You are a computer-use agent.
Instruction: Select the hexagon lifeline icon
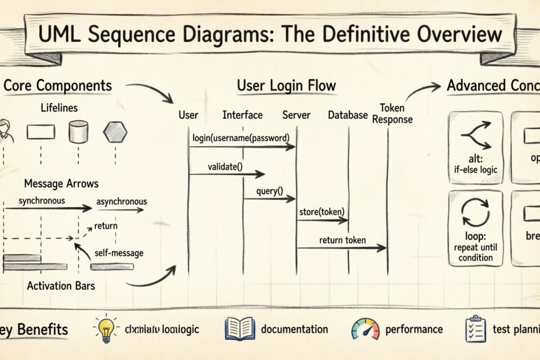tap(115, 132)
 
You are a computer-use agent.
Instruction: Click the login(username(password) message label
tap(240, 137)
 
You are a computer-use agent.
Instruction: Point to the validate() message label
tap(225, 166)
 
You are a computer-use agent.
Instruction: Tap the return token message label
tap(342, 240)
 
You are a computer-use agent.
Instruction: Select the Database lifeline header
tap(348, 115)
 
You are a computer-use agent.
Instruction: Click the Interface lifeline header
tap(243, 115)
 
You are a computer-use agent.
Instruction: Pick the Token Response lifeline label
tap(392, 114)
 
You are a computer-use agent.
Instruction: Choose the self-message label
tap(119, 252)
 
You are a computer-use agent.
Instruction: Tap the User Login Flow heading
tap(286, 85)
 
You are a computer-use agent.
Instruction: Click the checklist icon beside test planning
tap(474, 329)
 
